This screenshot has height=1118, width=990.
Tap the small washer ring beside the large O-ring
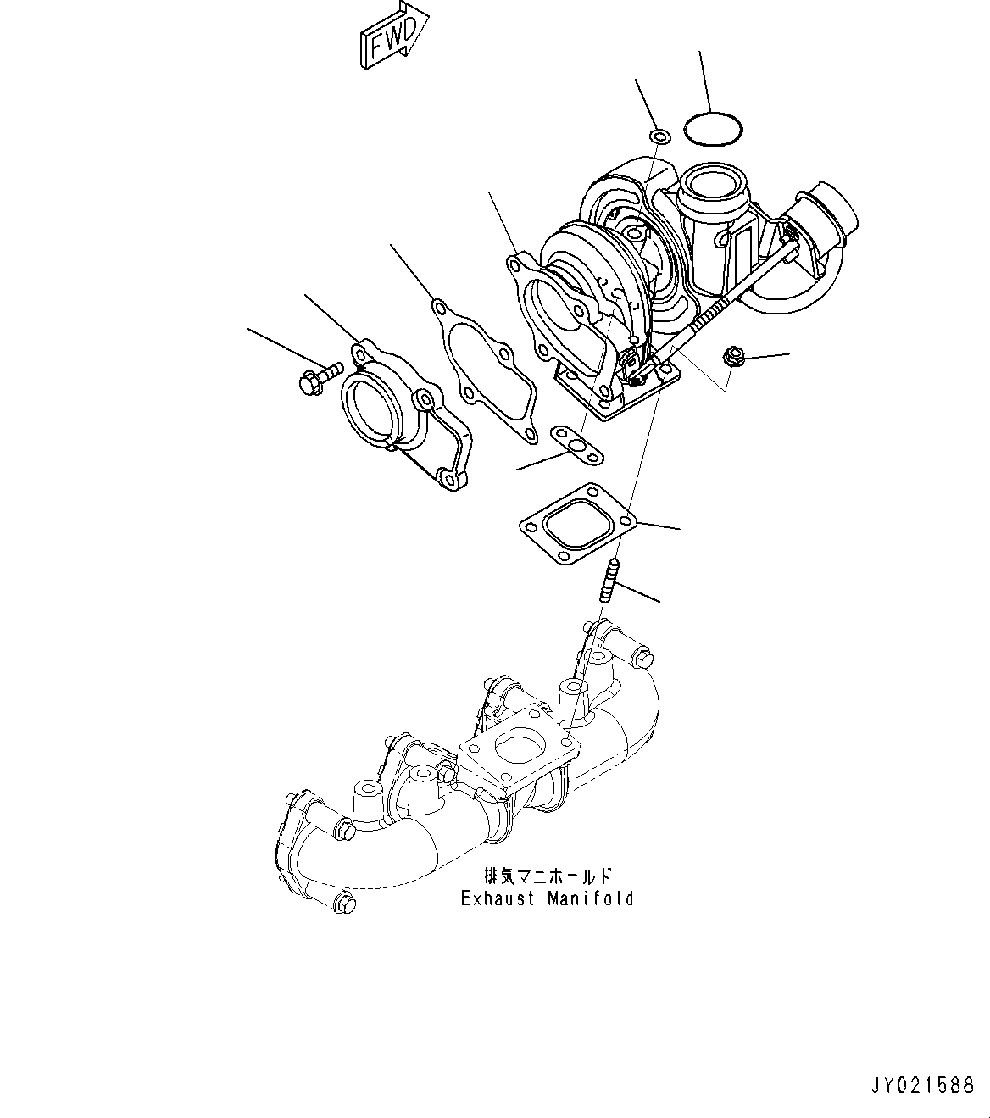tap(659, 136)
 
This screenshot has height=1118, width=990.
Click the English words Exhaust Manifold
tap(547, 898)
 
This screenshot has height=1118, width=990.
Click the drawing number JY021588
tap(921, 1086)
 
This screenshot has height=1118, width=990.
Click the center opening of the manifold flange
tap(516, 748)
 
